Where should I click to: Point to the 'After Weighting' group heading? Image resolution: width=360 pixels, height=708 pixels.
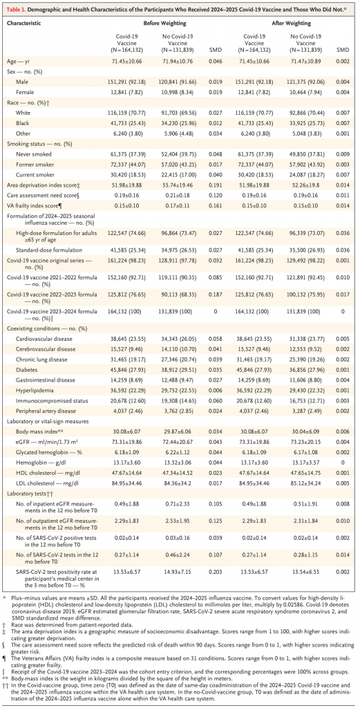pyautogui.click(x=283, y=23)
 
